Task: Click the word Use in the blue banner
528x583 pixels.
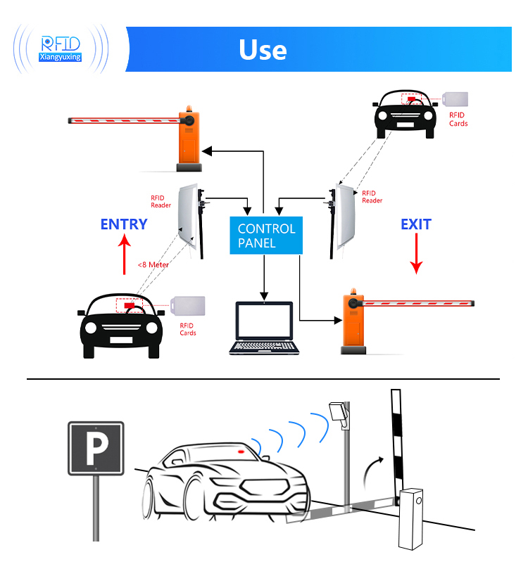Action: (263, 50)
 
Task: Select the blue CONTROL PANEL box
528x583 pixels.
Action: (266, 236)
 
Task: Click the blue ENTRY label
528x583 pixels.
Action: (124, 224)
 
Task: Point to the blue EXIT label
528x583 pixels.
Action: (415, 224)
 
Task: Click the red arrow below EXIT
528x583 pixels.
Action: (416, 254)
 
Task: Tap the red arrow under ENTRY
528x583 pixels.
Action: (124, 254)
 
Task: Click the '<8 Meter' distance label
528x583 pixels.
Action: (153, 264)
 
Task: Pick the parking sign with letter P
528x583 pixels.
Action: (96, 449)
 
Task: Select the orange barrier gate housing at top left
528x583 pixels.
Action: (189, 138)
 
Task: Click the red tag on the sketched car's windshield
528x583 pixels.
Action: (241, 451)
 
